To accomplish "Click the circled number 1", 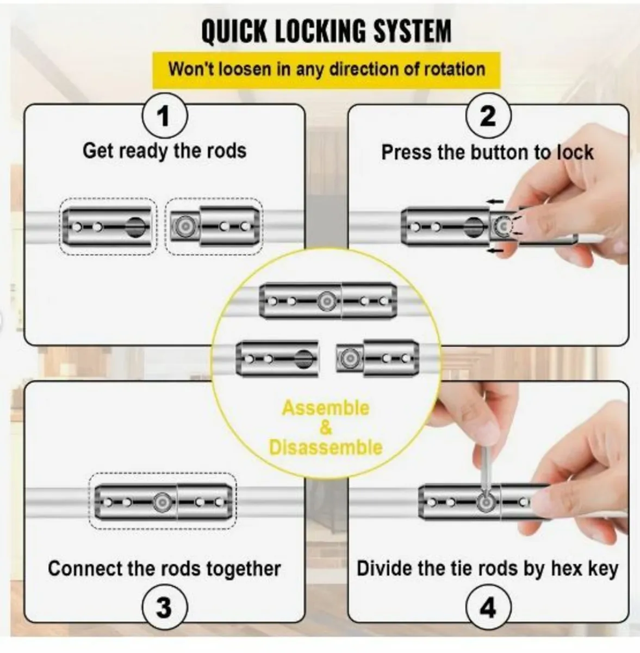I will [164, 116].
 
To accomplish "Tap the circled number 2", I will [488, 116].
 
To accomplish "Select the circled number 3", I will [164, 607].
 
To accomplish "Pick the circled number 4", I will [488, 607].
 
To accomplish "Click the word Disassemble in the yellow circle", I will [325, 447].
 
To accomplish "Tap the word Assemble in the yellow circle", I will [325, 408].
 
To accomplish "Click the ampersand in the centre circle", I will [325, 428].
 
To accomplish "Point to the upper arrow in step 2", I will [495, 201].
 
